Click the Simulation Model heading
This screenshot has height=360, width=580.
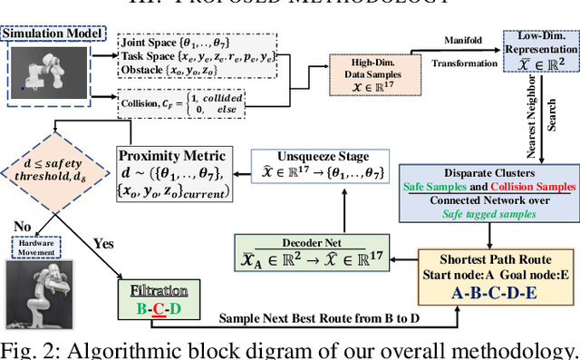pos(52,34)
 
